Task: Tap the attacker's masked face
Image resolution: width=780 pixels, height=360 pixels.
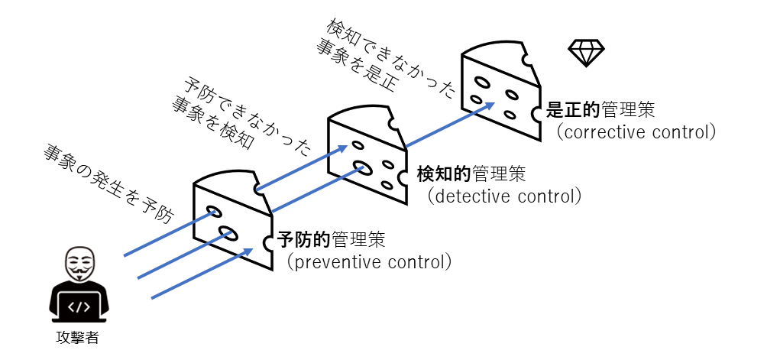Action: click(79, 264)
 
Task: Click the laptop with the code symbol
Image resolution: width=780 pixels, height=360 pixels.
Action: click(79, 306)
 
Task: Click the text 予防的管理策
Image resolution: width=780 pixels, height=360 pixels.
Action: click(331, 241)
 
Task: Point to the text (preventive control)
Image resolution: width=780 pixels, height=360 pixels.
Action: click(369, 262)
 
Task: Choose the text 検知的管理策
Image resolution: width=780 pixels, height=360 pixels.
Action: click(471, 174)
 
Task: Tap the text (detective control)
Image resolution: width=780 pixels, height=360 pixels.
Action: click(503, 196)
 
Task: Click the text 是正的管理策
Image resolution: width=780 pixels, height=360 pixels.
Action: click(600, 110)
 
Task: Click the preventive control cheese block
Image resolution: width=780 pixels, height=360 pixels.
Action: click(233, 219)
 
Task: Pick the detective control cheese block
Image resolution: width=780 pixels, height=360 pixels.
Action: click(367, 154)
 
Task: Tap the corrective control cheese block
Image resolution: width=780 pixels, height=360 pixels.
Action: click(501, 89)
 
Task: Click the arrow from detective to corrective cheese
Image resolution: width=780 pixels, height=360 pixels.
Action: click(450, 125)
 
